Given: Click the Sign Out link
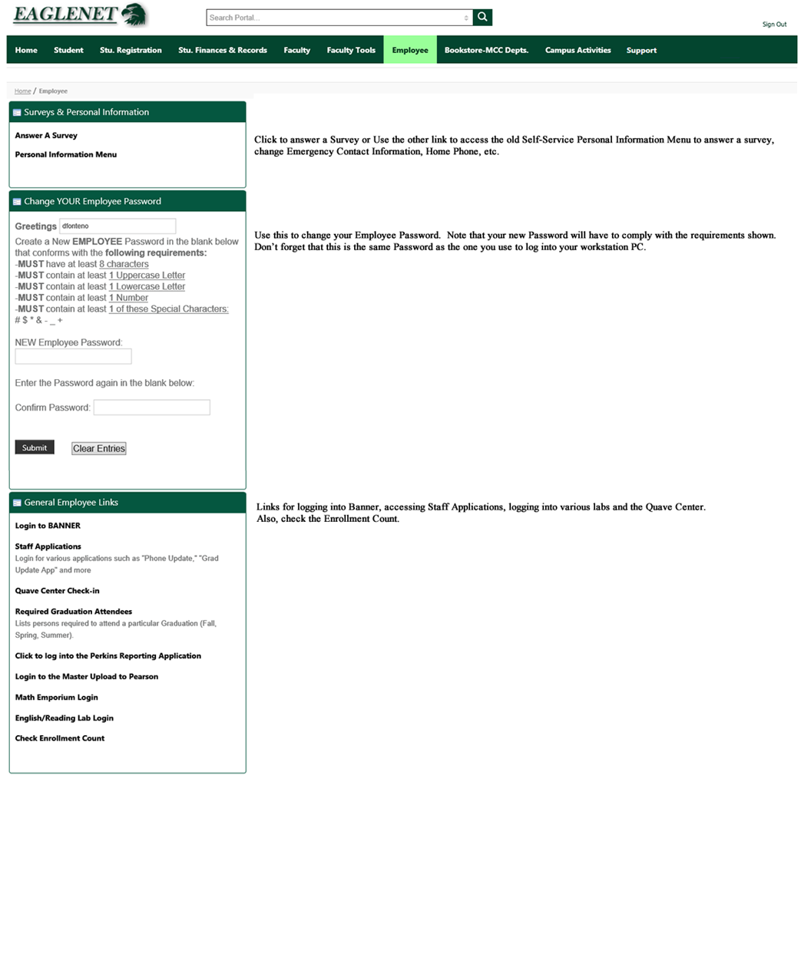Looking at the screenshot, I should (774, 25).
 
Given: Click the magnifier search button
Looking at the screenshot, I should (482, 17).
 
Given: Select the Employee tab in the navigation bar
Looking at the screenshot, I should (410, 51).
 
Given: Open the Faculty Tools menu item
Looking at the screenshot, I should (351, 51).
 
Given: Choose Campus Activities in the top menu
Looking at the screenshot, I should (578, 51).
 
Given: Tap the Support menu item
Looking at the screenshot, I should (641, 51).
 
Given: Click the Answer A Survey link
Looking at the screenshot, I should (46, 136).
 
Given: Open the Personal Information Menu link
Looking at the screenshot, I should (66, 155).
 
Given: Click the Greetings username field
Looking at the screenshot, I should (118, 226).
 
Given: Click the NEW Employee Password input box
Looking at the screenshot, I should (73, 357).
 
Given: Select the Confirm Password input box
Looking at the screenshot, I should (151, 408).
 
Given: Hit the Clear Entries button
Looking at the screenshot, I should (99, 449).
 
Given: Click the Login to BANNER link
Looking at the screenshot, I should (48, 526).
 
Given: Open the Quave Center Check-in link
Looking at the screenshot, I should (58, 592).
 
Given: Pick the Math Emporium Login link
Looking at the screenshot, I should (57, 698).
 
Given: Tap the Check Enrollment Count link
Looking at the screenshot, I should (60, 739).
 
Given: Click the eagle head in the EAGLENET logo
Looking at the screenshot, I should (134, 15).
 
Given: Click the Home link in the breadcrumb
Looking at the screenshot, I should (23, 91).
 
